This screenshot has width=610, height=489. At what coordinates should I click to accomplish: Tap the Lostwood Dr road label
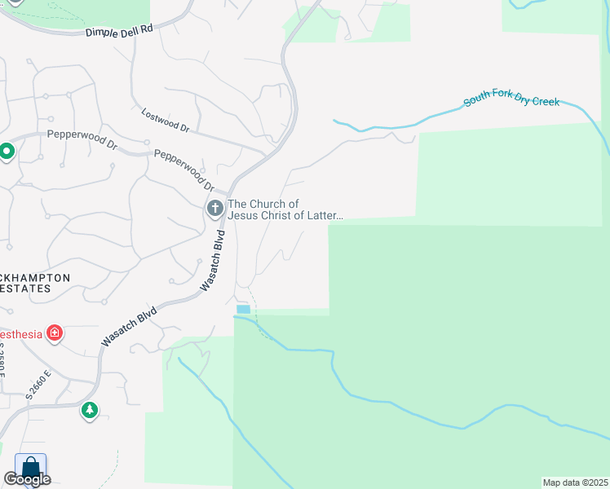tap(165, 121)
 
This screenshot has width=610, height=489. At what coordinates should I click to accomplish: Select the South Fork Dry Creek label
tap(511, 102)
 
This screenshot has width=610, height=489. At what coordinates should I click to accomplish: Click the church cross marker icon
tap(215, 209)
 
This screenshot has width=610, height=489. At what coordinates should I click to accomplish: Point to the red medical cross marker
tap(55, 333)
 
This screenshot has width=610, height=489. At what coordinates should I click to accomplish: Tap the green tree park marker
tap(90, 412)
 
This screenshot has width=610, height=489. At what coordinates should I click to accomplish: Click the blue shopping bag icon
tap(30, 468)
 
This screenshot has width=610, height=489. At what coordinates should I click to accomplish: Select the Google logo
tap(27, 479)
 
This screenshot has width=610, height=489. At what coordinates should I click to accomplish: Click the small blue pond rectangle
tap(242, 309)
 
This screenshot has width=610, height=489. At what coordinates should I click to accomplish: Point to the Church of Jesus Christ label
tap(285, 209)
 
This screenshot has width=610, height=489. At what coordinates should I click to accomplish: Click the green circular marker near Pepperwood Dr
tap(7, 152)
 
